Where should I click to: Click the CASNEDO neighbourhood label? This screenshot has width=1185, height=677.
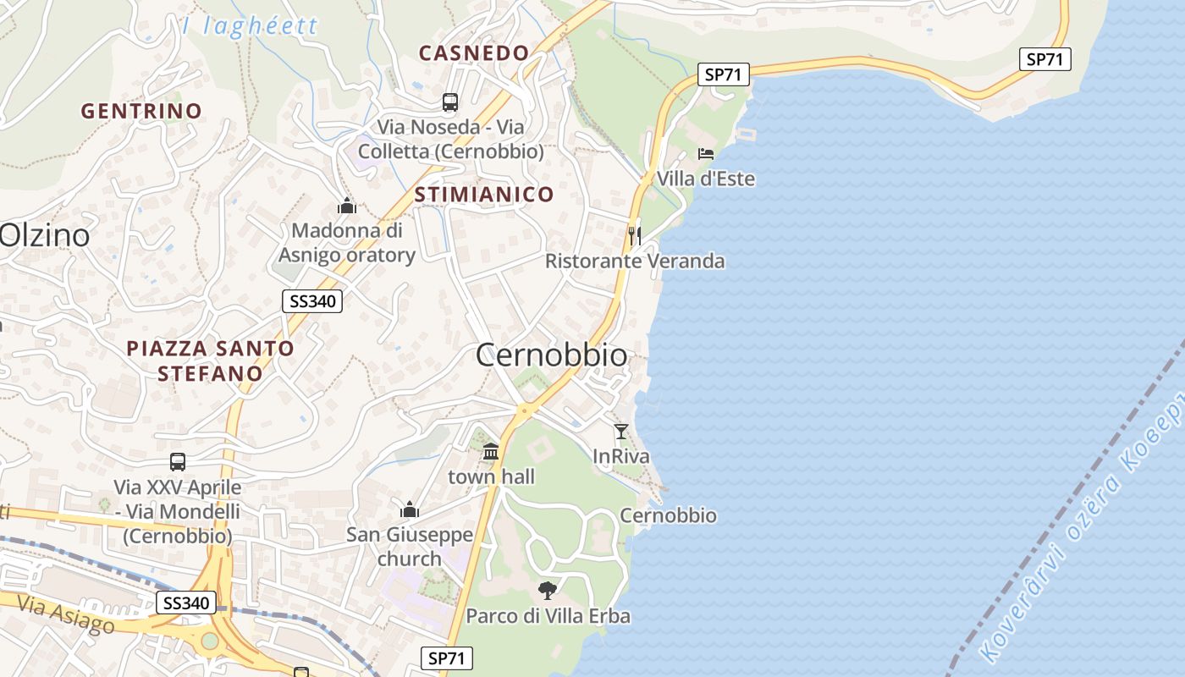474,52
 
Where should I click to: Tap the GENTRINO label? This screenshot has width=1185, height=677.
141,111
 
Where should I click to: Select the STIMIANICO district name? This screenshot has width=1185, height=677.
484,195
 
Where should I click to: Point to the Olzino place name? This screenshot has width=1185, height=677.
45,235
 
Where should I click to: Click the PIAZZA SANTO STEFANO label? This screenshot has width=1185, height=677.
210,361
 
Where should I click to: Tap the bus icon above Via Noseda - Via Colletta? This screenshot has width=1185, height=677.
450,102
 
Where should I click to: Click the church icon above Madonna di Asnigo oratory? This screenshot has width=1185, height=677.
346,206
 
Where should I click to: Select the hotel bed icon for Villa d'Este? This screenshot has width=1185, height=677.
706,154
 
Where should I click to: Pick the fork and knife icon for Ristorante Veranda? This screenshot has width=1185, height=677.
635,234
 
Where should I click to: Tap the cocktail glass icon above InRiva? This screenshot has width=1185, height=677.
621,432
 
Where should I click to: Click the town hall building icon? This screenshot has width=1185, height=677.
491,451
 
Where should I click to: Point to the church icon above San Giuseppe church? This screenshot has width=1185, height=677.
410,509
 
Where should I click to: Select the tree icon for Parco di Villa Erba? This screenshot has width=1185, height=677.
548,590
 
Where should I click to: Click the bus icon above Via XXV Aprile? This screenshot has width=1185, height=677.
178,462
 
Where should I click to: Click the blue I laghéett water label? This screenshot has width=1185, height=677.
251,25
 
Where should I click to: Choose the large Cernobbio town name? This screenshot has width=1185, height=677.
552,355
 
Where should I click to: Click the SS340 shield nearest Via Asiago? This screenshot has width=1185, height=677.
186,603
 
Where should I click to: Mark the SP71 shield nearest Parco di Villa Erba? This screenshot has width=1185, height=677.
447,658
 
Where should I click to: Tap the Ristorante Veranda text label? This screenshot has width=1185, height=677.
635,261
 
